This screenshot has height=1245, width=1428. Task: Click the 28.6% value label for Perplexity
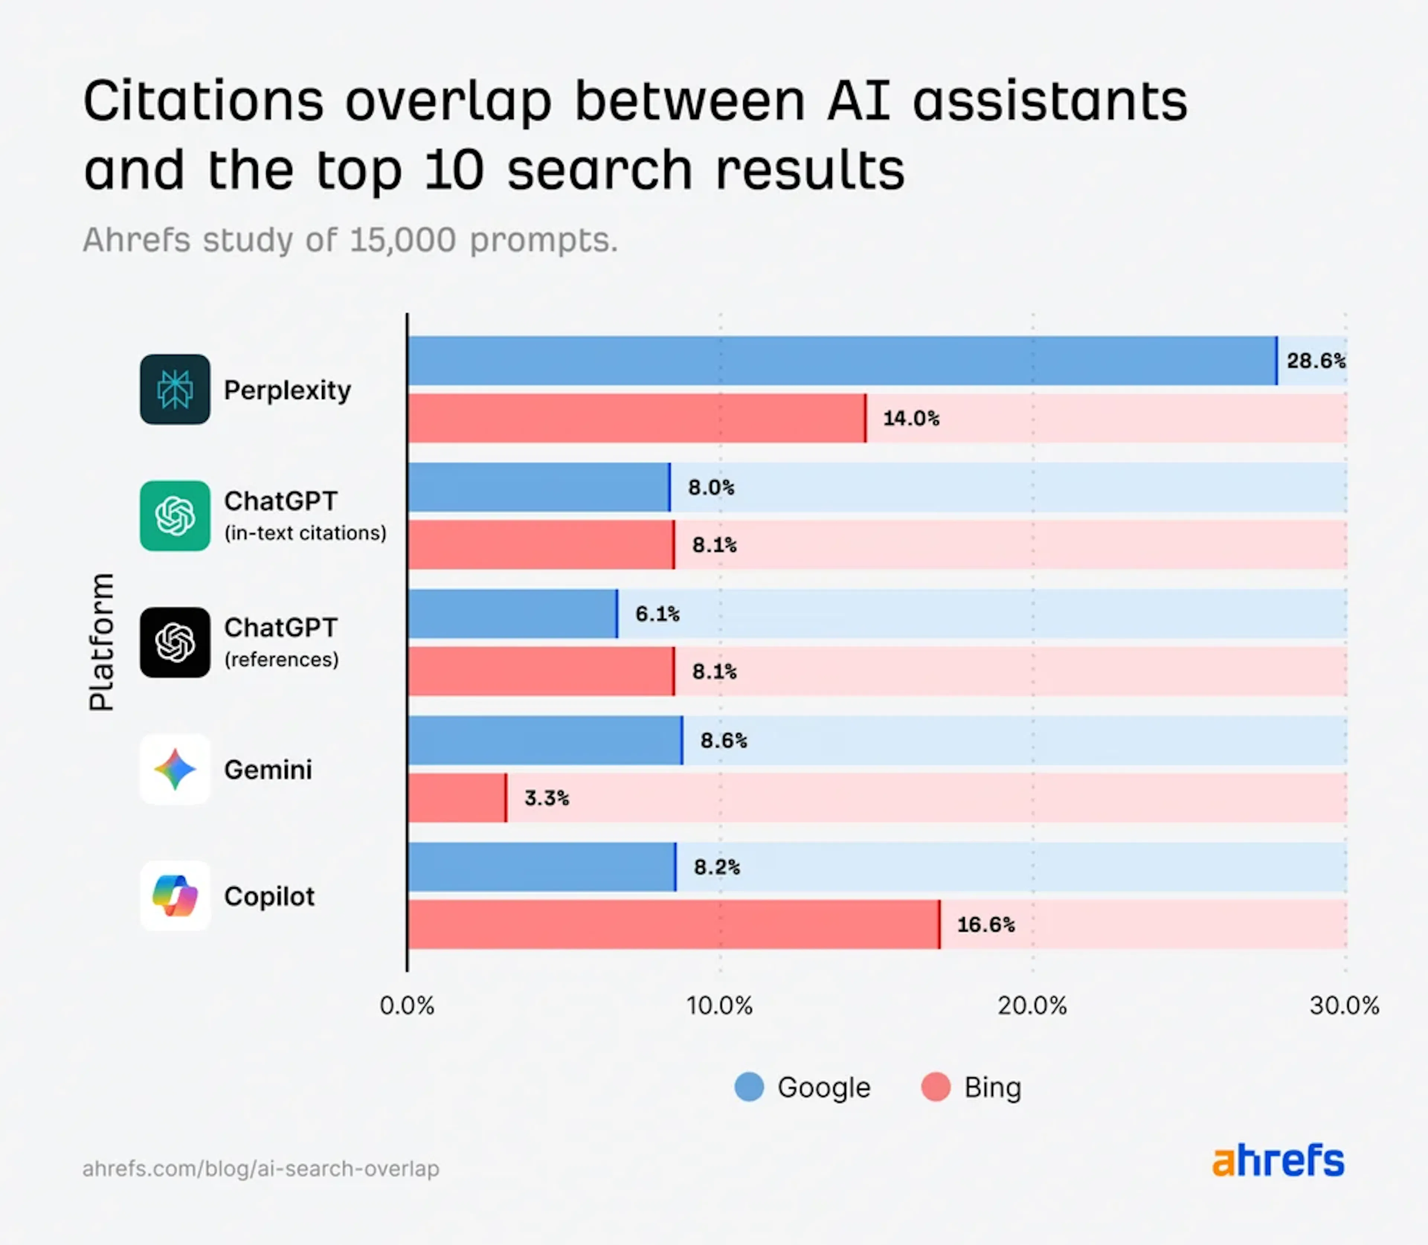point(1315,361)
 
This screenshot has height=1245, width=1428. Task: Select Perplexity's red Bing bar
point(636,418)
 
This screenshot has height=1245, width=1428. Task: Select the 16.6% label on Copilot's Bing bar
point(985,925)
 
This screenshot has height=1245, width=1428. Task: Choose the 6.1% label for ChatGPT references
point(657,614)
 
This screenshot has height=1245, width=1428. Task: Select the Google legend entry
point(803,1087)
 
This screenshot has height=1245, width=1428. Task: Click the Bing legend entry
point(971,1087)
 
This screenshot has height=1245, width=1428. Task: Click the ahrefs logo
point(1278,1161)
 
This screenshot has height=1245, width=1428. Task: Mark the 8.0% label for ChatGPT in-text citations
point(710,488)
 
